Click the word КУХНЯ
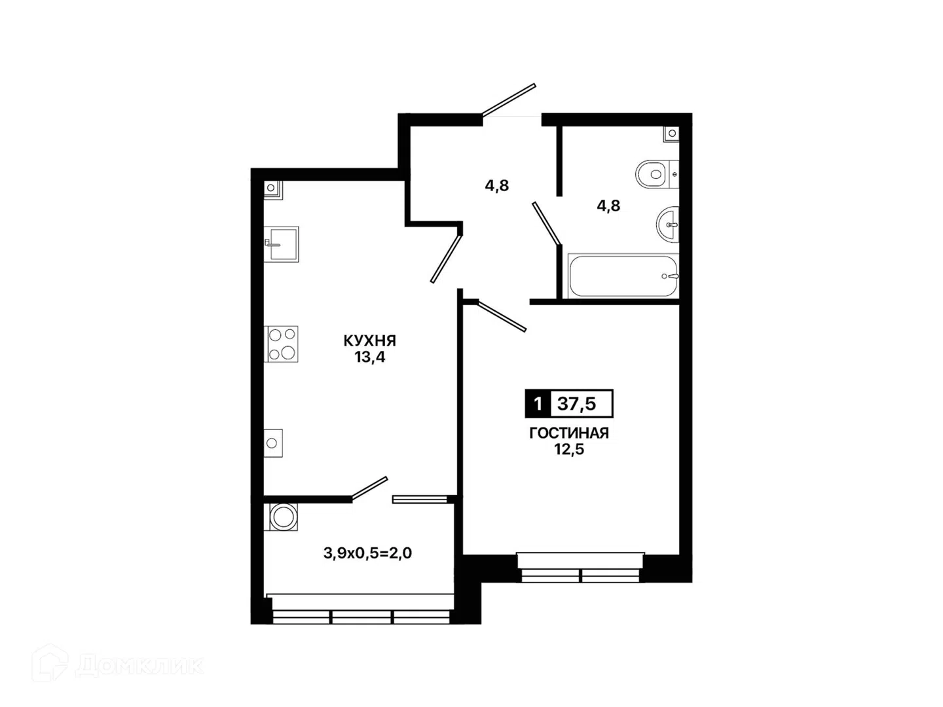pyautogui.click(x=369, y=341)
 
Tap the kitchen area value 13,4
pyautogui.click(x=369, y=357)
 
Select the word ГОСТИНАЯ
pyautogui.click(x=569, y=433)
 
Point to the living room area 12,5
pyautogui.click(x=569, y=450)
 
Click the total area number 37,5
pyautogui.click(x=576, y=403)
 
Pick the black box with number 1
pyautogui.click(x=538, y=403)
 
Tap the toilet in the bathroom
pyautogui.click(x=657, y=174)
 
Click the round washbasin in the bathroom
pyautogui.click(x=667, y=225)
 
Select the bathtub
pyautogui.click(x=623, y=276)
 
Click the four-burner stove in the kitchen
pyautogui.click(x=281, y=344)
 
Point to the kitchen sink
pyautogui.click(x=281, y=244)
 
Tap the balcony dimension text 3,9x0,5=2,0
pyautogui.click(x=367, y=553)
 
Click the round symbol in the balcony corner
pyautogui.click(x=283, y=517)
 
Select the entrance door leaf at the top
pyautogui.click(x=509, y=100)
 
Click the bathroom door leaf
pyautogui.click(x=547, y=223)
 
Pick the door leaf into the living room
pyautogui.click(x=502, y=316)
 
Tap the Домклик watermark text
pyautogui.click(x=139, y=666)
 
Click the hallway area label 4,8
pyautogui.click(x=497, y=186)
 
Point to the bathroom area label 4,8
pyautogui.click(x=608, y=206)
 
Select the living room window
pyautogui.click(x=581, y=568)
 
